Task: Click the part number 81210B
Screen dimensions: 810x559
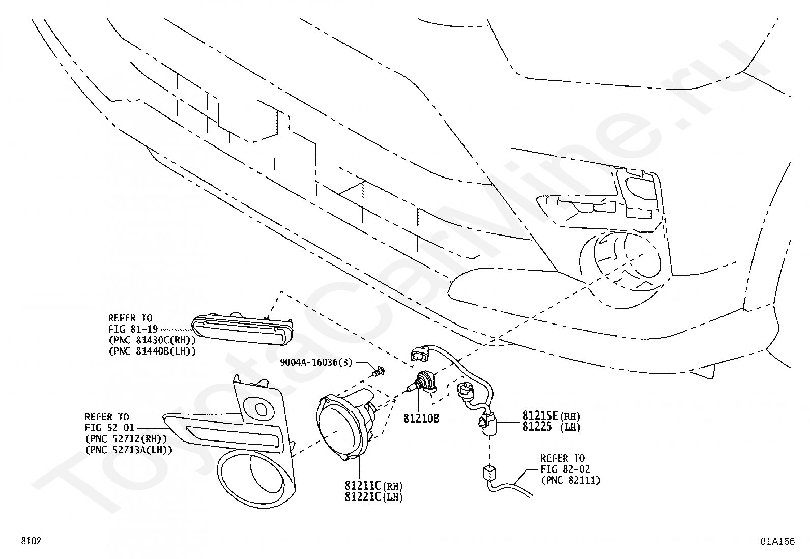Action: [x=421, y=418]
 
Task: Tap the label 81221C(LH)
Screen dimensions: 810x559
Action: [x=373, y=496]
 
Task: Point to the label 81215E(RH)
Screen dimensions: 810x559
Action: [x=551, y=416]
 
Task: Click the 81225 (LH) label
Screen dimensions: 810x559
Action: [x=551, y=427]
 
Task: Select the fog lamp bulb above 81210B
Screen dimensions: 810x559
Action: [x=423, y=383]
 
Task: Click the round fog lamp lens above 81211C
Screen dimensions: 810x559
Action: [x=337, y=426]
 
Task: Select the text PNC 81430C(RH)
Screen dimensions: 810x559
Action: [x=152, y=340]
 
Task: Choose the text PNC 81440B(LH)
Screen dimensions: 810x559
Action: [x=152, y=350]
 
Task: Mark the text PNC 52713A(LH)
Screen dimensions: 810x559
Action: [x=129, y=449]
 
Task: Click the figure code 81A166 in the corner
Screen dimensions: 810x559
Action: [x=777, y=541]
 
